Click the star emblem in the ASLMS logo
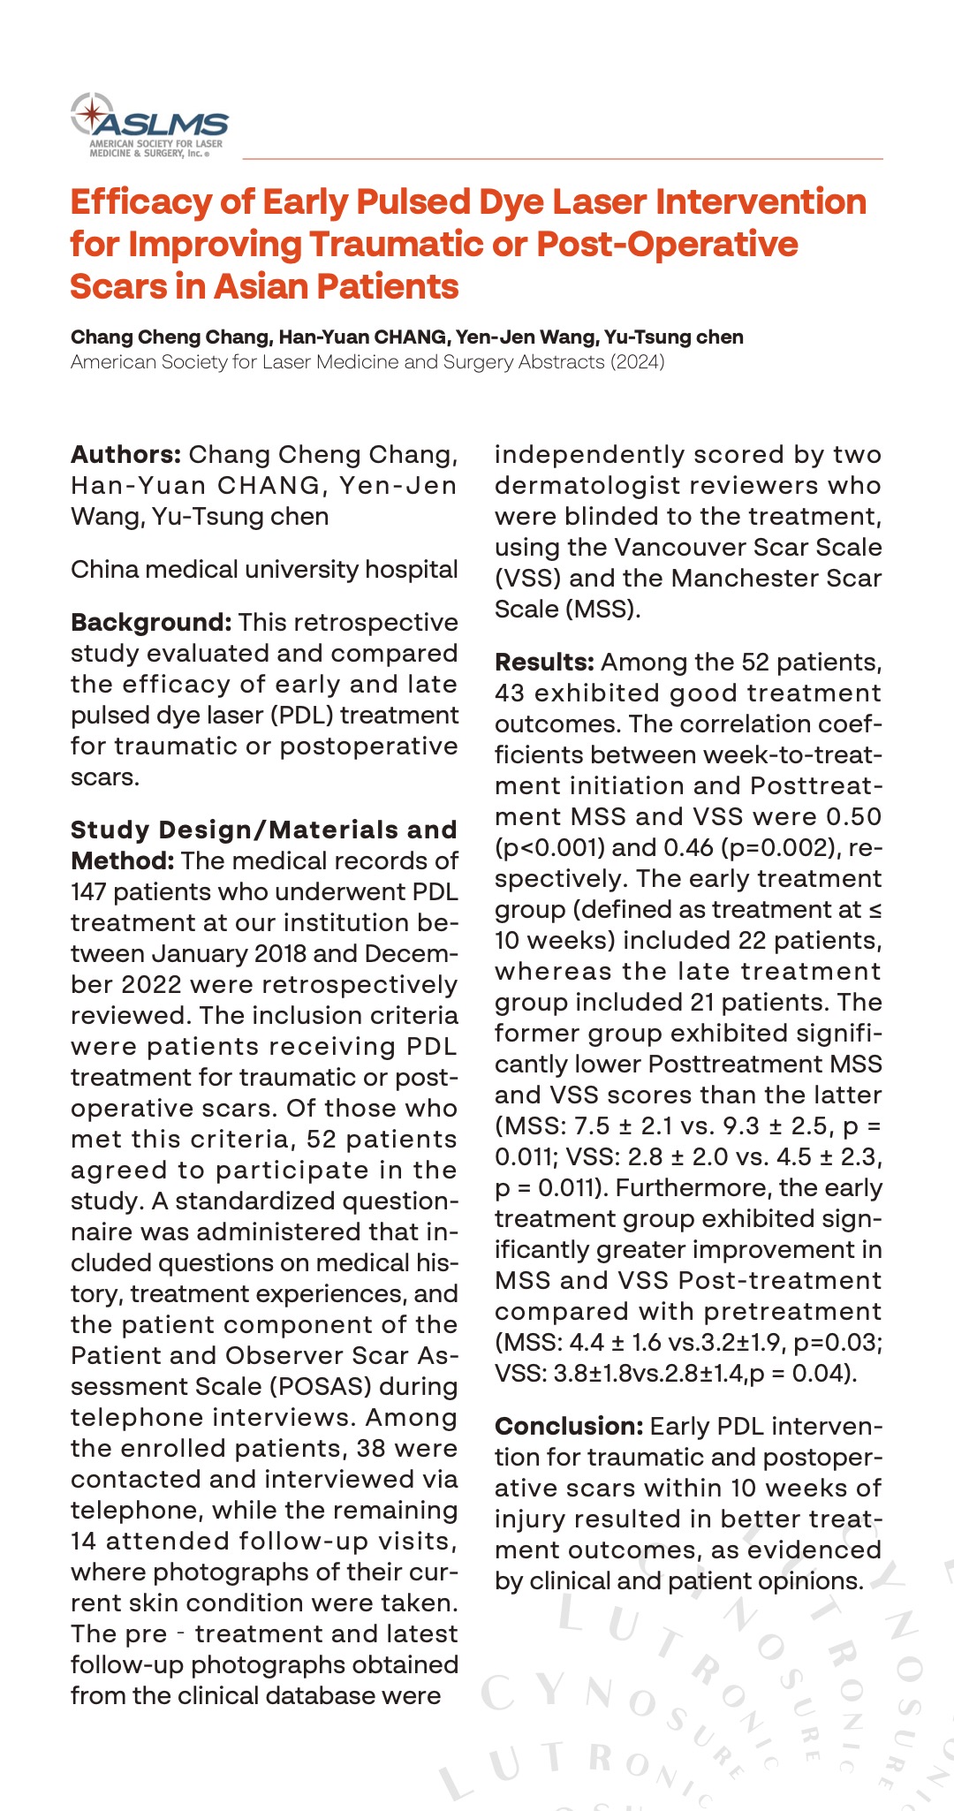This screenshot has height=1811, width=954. point(91,114)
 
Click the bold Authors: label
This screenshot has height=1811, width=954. point(125,455)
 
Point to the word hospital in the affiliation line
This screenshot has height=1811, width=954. point(413,570)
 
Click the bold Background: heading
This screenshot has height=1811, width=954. point(151,623)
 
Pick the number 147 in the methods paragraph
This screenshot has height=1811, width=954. point(88,892)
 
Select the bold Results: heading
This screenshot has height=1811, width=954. point(544,663)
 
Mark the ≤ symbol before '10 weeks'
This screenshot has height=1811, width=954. point(875,910)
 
